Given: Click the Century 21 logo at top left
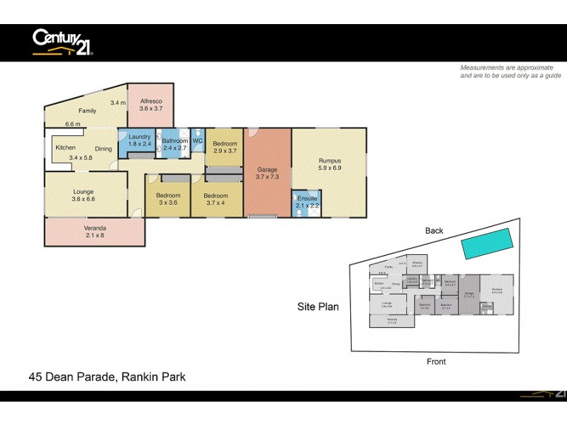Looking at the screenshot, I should [x=63, y=42].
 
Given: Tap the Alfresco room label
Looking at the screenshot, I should [x=151, y=101].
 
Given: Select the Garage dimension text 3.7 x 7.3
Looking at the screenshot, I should [x=266, y=177].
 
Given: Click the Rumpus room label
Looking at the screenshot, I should [x=330, y=161].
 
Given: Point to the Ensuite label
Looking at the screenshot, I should [x=307, y=198].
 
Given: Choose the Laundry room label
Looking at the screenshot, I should [x=140, y=136].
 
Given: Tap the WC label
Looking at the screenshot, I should [x=198, y=141].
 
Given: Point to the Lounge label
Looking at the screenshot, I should [x=84, y=191].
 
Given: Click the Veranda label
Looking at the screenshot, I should [x=94, y=227].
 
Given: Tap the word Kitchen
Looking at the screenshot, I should [x=66, y=148].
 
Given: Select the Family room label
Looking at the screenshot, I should [x=87, y=110].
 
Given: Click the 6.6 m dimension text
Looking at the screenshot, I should [x=72, y=124].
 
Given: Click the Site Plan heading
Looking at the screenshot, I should [x=318, y=307].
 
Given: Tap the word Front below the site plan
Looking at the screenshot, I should [x=436, y=361].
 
